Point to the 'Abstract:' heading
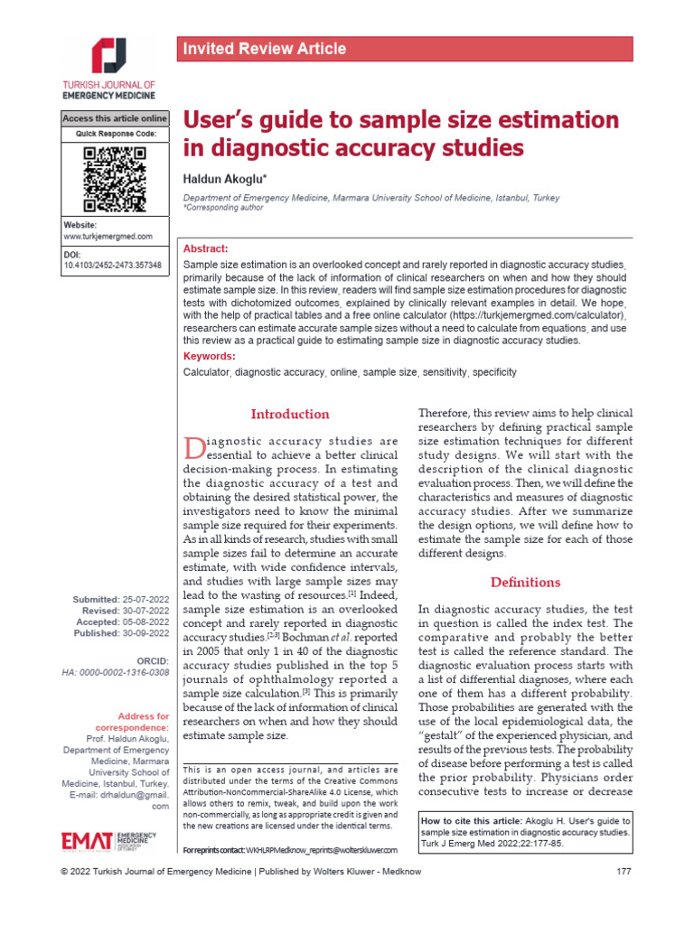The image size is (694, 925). coord(206,248)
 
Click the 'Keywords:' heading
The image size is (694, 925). coord(210,356)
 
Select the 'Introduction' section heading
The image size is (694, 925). coord(290,414)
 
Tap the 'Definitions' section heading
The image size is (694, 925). coord(525,582)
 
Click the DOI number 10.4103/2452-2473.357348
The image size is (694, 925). coord(113,266)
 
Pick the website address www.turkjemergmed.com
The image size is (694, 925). coord(108,236)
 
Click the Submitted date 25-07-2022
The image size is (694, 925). coord(145,600)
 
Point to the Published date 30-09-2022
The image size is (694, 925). coord(145,633)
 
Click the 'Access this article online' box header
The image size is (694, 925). coord(115,118)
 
